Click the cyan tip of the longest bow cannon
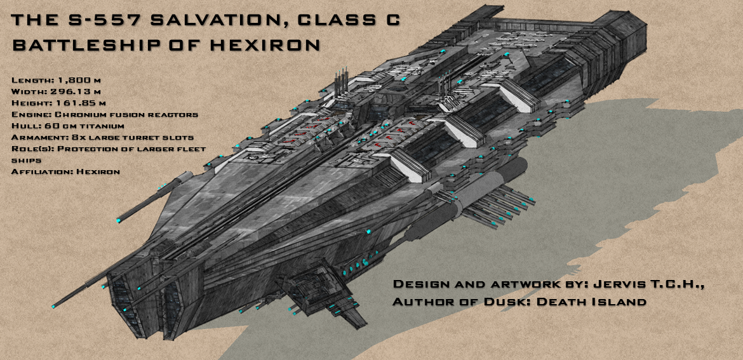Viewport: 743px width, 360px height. (55, 307)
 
